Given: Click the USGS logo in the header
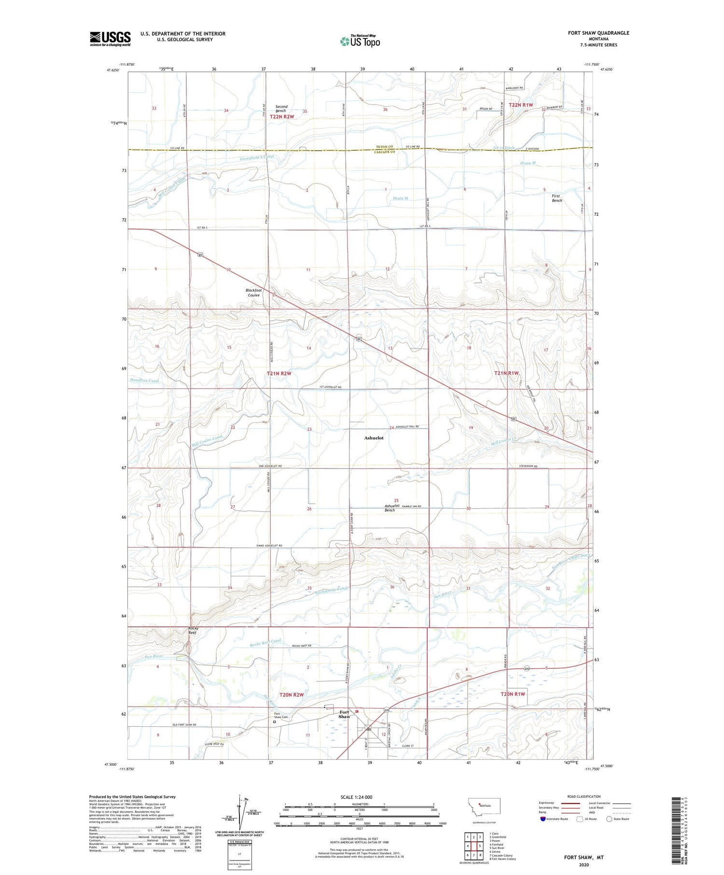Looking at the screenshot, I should click(110, 39).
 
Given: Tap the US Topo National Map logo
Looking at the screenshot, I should click(360, 41).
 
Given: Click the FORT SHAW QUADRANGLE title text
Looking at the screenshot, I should click(599, 33).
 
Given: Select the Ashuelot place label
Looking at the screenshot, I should click(374, 438).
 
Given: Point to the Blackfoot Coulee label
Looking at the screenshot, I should click(254, 292).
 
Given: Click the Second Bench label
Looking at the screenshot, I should click(281, 109).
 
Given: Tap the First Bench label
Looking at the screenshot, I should click(557, 198).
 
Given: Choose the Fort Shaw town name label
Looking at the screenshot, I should click(344, 714).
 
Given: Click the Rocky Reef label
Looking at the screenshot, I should click(193, 631).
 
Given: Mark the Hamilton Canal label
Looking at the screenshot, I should click(144, 381).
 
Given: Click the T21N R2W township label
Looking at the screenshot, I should click(279, 374).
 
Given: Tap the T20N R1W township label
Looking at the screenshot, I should click(513, 694).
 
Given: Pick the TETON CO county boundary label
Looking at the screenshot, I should click(385, 147).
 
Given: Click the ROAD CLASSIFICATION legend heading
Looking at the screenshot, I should click(584, 796).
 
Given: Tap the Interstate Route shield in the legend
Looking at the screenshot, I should click(543, 819).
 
